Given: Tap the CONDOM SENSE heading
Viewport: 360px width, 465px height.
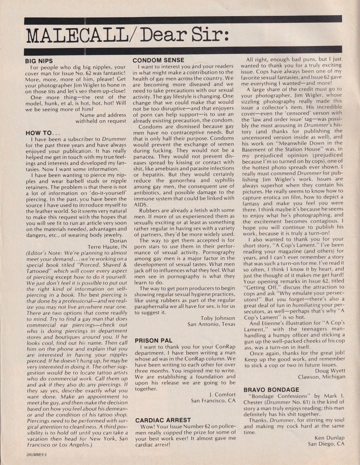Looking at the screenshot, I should [158, 60].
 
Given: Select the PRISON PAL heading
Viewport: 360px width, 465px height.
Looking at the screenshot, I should [153, 340].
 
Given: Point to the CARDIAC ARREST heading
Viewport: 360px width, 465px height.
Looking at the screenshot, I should [163, 420].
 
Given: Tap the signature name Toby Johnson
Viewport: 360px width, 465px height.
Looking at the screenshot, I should [218, 318].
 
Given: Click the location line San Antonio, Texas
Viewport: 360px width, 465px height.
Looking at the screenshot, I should [211, 324].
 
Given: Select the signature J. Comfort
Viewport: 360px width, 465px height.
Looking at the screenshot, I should [222, 395].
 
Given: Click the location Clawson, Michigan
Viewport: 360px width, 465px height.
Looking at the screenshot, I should [321, 377].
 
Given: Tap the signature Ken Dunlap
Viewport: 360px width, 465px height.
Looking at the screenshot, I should [329, 438].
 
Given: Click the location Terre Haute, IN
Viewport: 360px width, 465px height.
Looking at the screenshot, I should [107, 247].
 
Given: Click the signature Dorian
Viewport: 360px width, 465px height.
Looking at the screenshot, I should [118, 241].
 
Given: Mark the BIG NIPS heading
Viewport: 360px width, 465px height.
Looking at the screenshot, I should [39, 61].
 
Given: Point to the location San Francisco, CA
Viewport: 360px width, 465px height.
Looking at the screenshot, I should [213, 401].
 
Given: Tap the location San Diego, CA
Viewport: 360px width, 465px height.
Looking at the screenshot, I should [326, 444].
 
